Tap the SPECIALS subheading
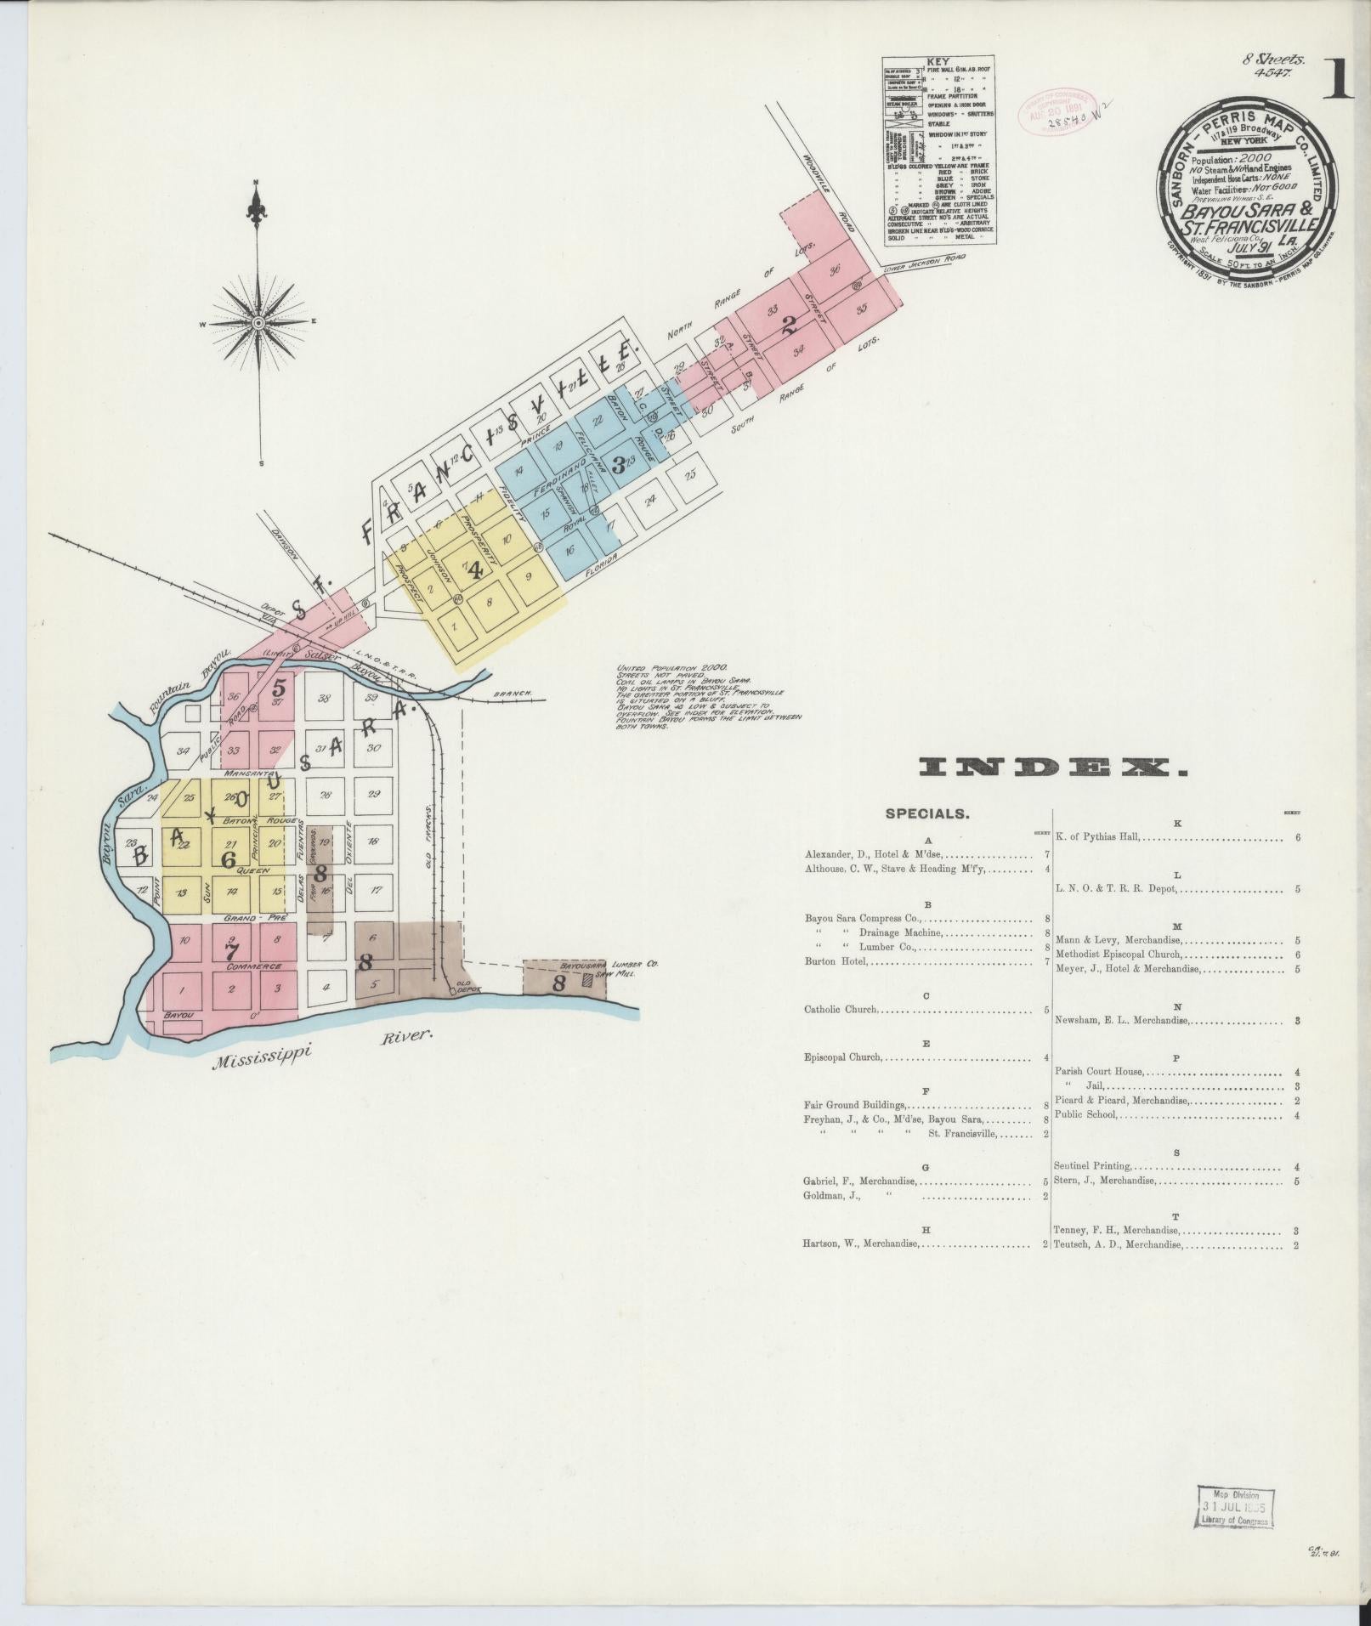point(926,813)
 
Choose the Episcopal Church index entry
point(844,1058)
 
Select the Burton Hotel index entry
point(836,961)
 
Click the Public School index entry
point(1086,1114)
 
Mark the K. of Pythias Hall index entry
point(1096,837)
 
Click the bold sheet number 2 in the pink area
point(790,323)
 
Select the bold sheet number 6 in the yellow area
point(227,859)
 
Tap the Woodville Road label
point(828,200)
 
